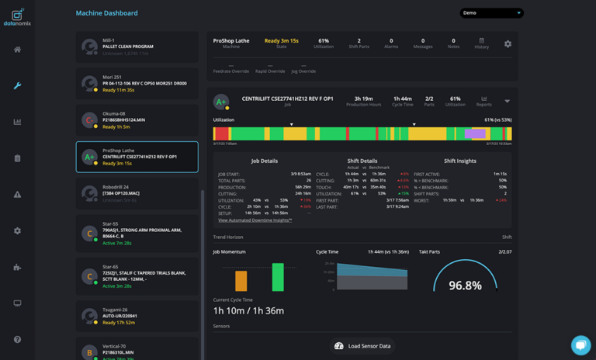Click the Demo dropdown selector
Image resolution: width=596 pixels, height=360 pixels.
491,13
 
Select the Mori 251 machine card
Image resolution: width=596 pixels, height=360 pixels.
137,83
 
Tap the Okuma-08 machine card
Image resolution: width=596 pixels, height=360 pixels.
137,119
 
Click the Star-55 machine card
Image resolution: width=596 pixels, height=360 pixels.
137,233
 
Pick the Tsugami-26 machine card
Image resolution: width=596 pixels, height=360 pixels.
137,316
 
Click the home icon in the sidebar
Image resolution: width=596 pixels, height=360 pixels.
17,50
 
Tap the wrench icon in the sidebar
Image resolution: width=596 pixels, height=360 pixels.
17,85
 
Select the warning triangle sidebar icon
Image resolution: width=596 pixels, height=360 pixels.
17,195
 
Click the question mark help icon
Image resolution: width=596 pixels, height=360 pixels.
17,340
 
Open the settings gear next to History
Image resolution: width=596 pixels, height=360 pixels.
508,44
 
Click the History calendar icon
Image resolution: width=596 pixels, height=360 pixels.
481,41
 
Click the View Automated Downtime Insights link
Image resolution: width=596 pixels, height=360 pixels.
255,220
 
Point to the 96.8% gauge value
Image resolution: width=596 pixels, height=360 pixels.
465,286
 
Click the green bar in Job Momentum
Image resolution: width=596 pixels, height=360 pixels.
277,277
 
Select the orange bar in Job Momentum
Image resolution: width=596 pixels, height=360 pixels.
241,281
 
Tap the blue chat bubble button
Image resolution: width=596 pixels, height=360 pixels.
580,344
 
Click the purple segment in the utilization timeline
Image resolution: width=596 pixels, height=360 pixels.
474,134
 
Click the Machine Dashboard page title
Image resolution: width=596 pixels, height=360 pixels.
106,13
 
